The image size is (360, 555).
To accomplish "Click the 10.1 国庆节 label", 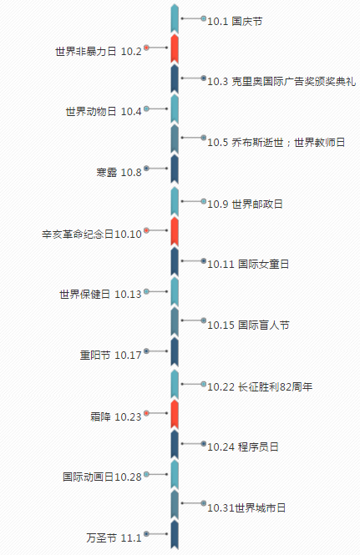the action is [235, 21].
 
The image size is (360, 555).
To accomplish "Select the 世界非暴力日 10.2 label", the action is [99, 52].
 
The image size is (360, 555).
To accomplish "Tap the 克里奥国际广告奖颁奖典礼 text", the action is [294, 82].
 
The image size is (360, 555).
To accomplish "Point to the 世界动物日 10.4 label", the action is [104, 112].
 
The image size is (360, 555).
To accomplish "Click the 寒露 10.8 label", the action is [119, 173].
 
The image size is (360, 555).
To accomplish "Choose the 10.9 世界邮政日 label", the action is [245, 204].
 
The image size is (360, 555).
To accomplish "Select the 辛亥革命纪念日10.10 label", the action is [92, 235].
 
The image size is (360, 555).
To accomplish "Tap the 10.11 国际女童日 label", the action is [248, 265].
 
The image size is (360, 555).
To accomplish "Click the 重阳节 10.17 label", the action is [110, 355].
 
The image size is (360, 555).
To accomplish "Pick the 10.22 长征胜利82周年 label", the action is [260, 387].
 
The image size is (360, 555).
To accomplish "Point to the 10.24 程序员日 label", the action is [243, 447].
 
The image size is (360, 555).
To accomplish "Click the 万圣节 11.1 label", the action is [114, 538].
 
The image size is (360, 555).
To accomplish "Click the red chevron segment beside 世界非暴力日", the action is [175, 49].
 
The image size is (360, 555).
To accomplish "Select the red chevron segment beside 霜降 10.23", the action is [175, 414].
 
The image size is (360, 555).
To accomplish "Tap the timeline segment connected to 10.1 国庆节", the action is [175, 18].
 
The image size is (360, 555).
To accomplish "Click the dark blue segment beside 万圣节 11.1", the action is [175, 534].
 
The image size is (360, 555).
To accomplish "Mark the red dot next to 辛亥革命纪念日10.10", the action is [146, 230].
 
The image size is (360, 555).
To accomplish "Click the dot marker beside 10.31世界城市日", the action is [203, 503].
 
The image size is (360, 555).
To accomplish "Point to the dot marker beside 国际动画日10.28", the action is [146, 474].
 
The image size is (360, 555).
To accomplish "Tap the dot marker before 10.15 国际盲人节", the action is [203, 320].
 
